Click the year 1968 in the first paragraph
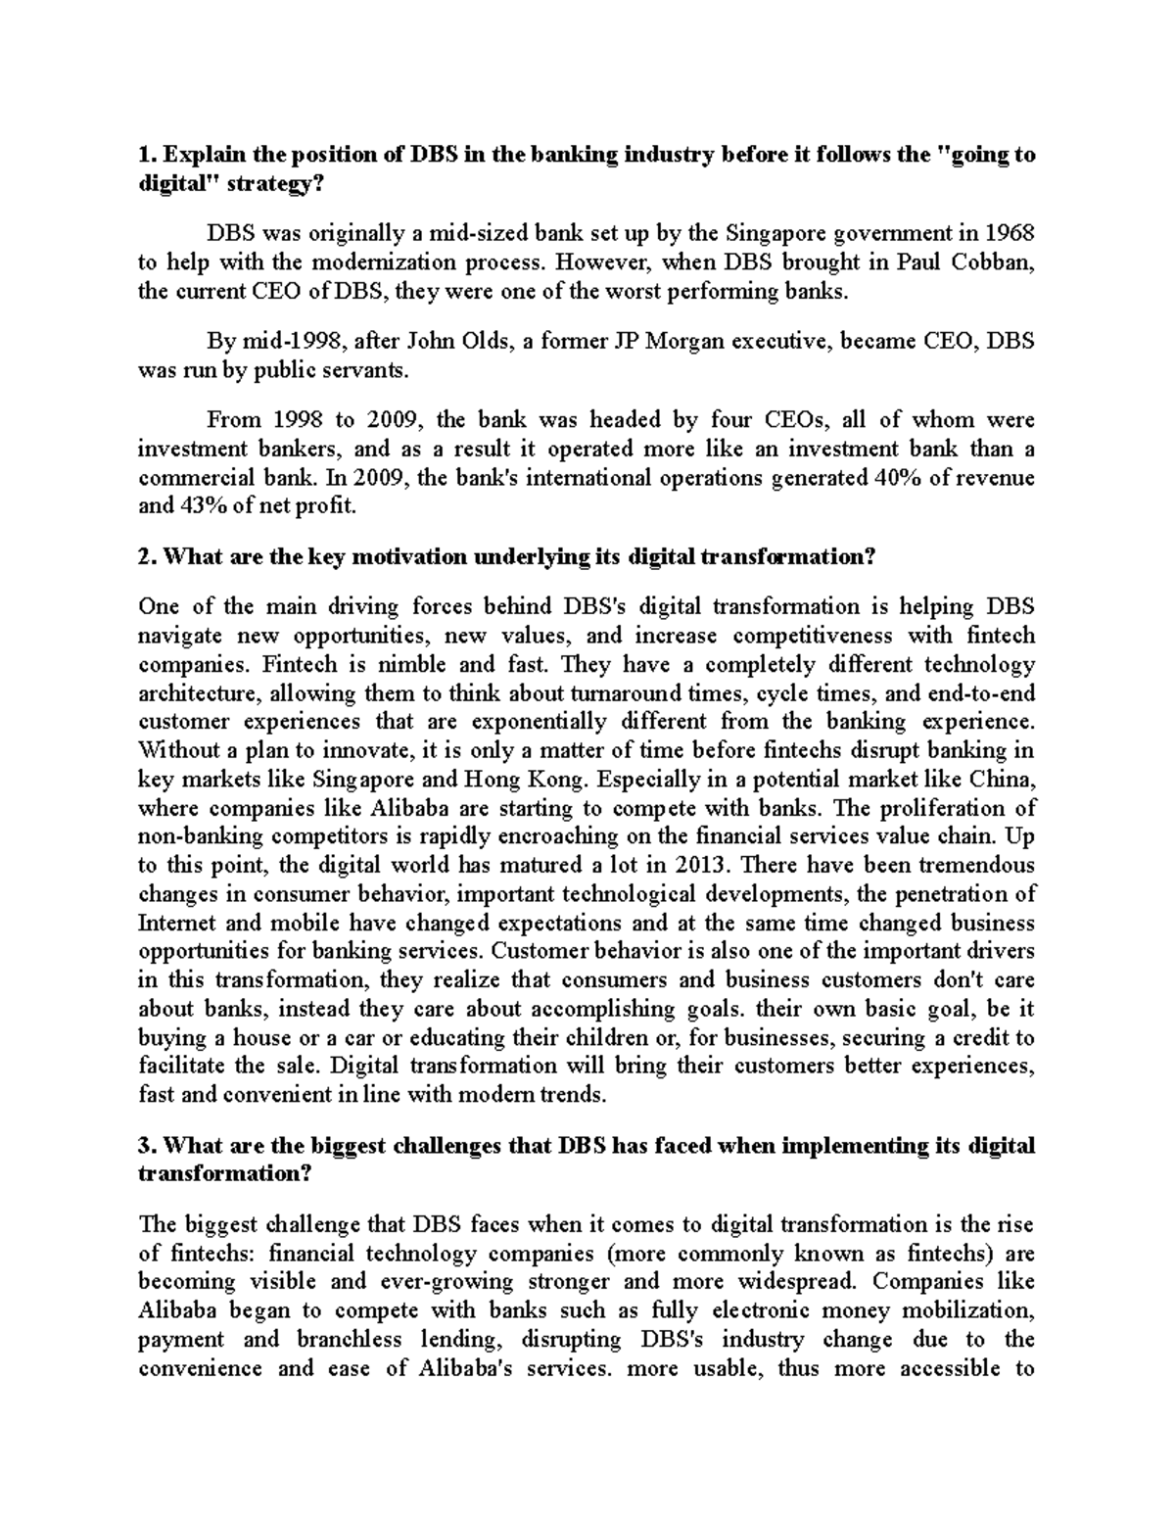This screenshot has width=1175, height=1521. pyautogui.click(x=1010, y=234)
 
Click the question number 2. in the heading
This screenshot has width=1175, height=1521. pyautogui.click(x=148, y=557)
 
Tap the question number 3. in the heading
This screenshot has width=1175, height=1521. pyautogui.click(x=148, y=1146)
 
